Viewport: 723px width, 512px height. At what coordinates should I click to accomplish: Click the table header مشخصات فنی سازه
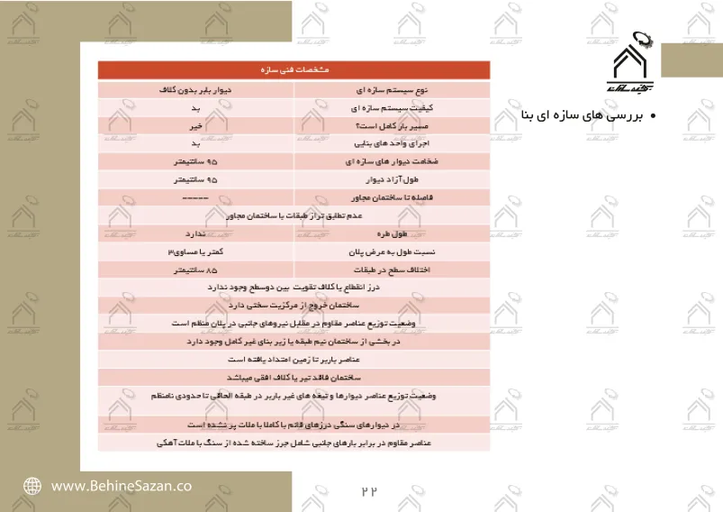[294, 69]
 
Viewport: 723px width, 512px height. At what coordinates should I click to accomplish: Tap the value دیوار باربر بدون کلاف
[195, 91]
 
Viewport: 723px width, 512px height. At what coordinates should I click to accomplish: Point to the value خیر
[195, 126]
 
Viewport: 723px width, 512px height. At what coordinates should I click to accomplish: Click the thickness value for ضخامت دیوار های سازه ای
[195, 161]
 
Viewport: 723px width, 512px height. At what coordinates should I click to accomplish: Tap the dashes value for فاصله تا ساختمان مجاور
[195, 197]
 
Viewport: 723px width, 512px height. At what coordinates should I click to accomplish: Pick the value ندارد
[195, 233]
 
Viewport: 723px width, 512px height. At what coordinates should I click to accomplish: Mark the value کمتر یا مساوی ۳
[195, 251]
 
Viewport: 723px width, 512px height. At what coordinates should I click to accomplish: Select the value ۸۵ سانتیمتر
[195, 269]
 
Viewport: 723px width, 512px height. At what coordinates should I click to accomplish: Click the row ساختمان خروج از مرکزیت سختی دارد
[294, 305]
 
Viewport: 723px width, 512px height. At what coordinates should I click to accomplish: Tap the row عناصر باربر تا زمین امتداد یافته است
[294, 359]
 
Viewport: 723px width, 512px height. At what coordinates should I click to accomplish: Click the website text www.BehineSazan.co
[121, 485]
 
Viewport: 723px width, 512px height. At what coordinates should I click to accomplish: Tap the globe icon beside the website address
[32, 485]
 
